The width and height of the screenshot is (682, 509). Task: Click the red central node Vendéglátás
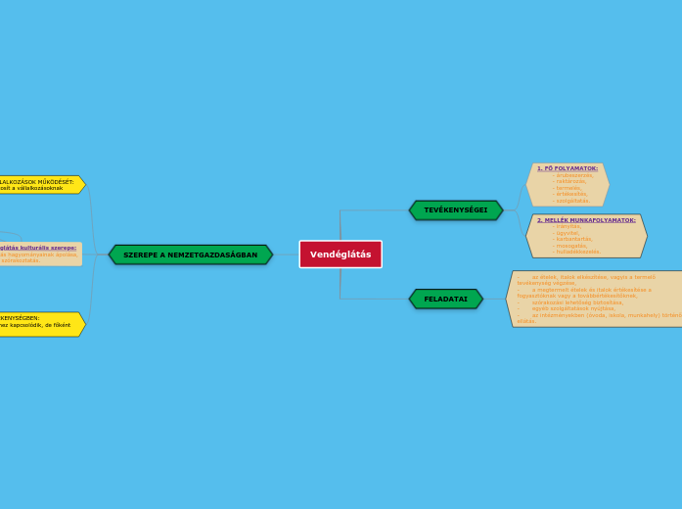[341, 254]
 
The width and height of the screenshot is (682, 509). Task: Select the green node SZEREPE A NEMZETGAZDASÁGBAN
[191, 254]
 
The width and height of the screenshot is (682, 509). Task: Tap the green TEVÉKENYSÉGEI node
[456, 209]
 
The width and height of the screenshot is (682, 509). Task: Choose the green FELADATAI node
[446, 299]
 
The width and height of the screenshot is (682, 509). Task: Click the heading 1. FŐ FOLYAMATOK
[568, 168]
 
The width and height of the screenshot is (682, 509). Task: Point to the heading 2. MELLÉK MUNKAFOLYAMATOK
[586, 220]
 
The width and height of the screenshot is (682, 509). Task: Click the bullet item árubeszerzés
[574, 175]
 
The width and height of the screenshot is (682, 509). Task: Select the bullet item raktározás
[571, 181]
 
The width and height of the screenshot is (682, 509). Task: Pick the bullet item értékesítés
[571, 194]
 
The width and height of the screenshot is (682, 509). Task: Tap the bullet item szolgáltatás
[572, 200]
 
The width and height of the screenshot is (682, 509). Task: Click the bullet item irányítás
[568, 226]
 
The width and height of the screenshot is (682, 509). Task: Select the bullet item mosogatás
[571, 245]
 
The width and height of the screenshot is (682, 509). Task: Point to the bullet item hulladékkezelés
[577, 252]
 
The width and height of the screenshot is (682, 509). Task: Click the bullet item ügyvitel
[567, 232]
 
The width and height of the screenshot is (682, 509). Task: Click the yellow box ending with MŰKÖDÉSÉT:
[39, 184]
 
